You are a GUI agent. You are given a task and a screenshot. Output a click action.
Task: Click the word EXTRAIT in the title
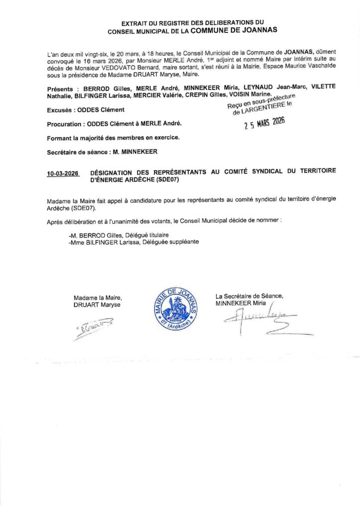tap(134, 23)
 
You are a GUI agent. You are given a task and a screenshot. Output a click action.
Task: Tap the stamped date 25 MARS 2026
tap(264, 124)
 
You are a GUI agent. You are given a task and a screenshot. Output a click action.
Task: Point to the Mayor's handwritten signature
tap(92, 329)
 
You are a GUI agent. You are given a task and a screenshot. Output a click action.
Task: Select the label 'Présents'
tap(61, 86)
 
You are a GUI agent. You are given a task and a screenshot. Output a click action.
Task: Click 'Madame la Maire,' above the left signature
tap(97, 297)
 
